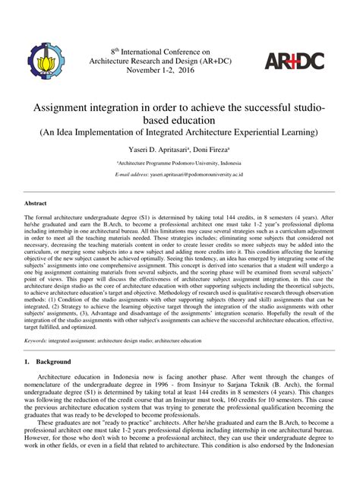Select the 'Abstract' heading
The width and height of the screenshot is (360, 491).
pyautogui.click(x=36, y=204)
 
